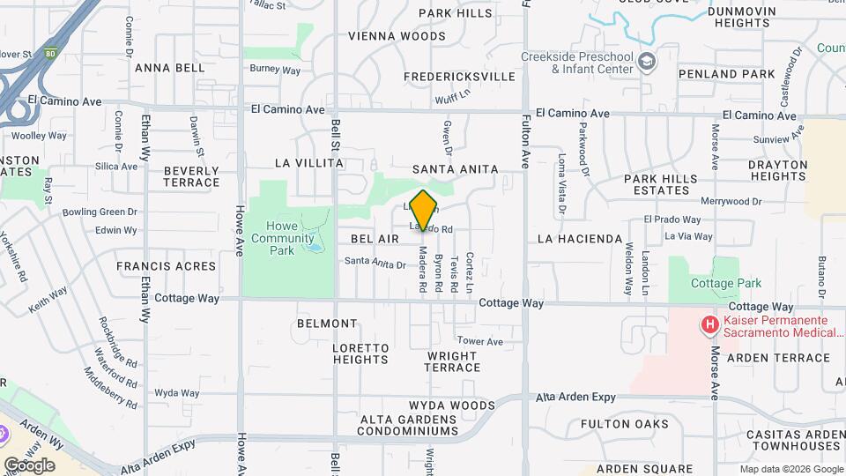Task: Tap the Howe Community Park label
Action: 282,238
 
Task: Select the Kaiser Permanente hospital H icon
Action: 709,325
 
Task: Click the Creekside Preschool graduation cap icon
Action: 648,61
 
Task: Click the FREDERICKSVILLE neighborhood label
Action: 459,77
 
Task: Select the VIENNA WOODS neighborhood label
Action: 397,36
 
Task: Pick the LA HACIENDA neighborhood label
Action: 580,239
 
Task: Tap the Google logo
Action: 29,465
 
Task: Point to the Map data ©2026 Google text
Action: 791,469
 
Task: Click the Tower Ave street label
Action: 479,341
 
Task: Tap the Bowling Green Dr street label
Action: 100,212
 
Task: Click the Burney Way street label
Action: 275,70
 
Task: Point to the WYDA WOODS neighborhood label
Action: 451,405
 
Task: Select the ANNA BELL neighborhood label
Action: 169,67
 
